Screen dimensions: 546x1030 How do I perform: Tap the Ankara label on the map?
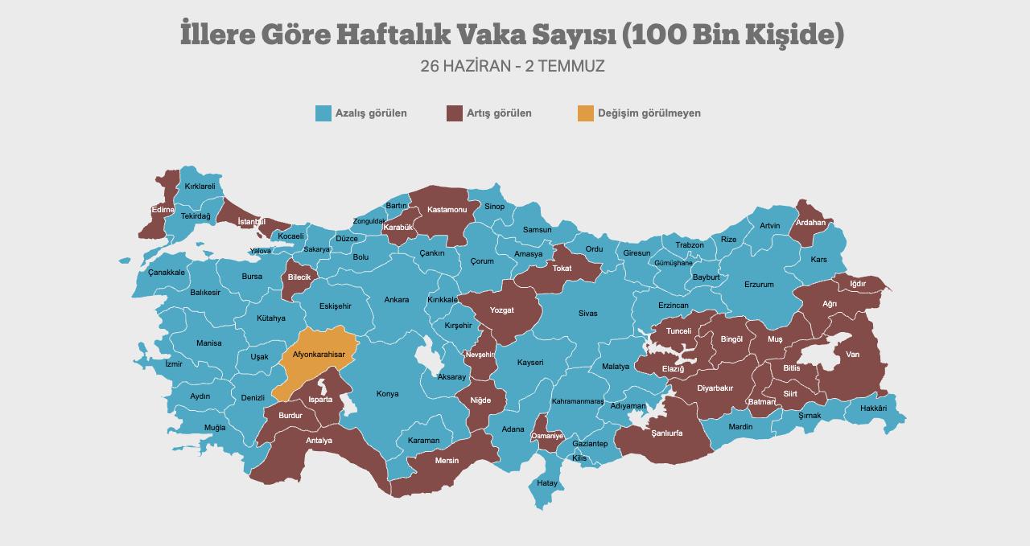coord(396,300)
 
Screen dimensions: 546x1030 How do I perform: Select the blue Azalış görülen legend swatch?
coord(323,113)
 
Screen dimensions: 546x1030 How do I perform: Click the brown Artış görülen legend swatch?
coord(455,113)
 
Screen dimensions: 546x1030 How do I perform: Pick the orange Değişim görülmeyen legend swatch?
coord(585,113)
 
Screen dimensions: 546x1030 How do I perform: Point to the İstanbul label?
coord(252,222)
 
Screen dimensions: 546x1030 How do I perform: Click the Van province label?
coord(852,355)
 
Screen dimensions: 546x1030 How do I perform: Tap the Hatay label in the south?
coord(547,483)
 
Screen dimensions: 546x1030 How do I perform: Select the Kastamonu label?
coord(447,210)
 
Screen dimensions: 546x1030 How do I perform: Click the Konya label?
coord(387,394)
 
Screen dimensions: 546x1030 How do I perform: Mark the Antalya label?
coord(319,441)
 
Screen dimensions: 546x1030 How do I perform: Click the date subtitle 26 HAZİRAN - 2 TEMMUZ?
coord(512,66)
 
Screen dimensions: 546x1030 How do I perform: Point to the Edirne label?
coord(163,210)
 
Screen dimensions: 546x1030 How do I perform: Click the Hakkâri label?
coord(873,408)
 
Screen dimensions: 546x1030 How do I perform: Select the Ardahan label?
coord(810,223)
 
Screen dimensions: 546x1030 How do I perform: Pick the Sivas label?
coord(587,314)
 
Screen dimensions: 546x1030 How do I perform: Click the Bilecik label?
coord(299,277)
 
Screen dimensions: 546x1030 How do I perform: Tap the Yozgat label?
coord(501,310)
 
